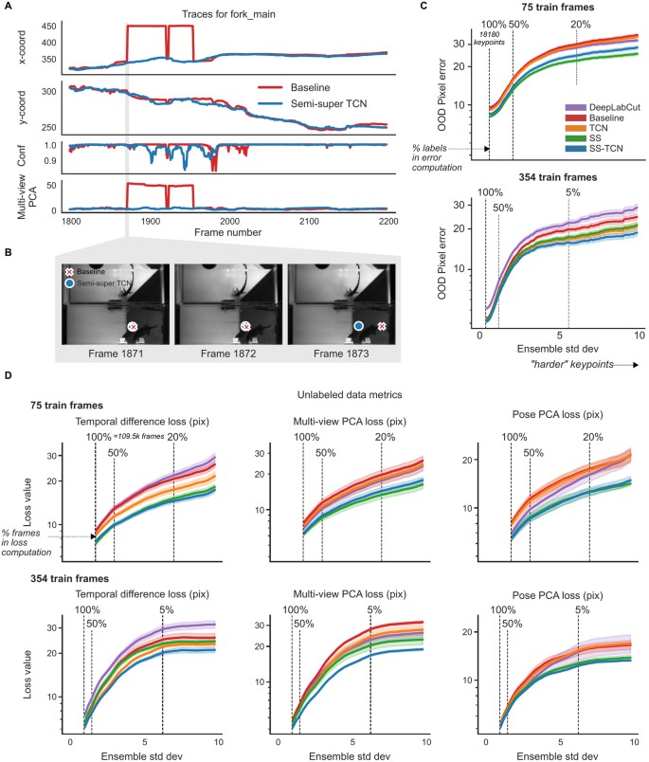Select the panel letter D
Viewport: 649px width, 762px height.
8,376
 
